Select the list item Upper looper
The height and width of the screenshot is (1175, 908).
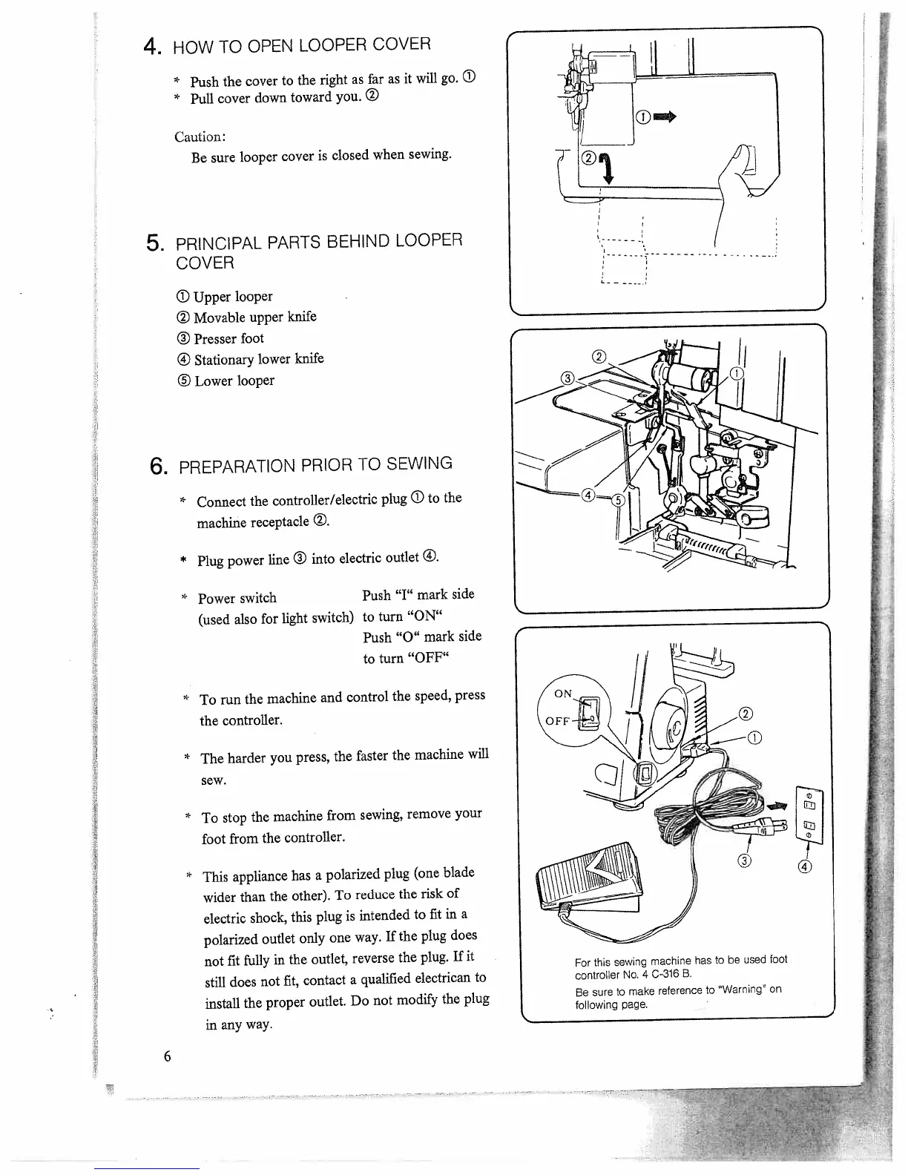225,297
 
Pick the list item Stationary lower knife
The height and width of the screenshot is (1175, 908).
250,360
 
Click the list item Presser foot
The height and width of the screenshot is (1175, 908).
220,339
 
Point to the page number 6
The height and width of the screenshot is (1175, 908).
168,1056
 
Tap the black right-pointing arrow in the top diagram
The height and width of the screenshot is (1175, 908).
666,116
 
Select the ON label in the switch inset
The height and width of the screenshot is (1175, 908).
564,694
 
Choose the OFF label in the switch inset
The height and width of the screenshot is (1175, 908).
557,721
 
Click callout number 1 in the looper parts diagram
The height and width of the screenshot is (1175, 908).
737,373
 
